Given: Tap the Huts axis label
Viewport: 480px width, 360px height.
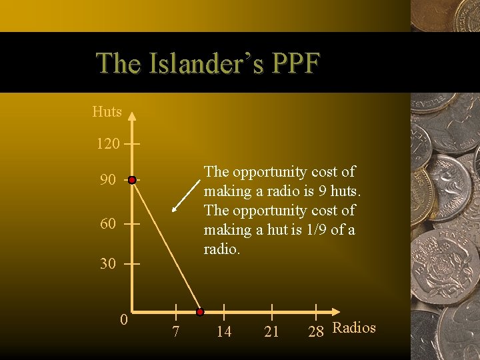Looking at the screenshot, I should coord(107,112).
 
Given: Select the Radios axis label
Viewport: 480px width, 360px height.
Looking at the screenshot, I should coord(354,327).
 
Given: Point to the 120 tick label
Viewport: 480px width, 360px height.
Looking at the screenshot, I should coord(108,143).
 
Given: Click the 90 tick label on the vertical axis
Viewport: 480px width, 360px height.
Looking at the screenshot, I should coord(108,181).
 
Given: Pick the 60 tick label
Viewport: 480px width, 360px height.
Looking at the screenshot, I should coord(108,224).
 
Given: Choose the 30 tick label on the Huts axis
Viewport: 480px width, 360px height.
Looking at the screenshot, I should coord(108,264).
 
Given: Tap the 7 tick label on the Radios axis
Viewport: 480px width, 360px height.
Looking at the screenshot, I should coord(175,331).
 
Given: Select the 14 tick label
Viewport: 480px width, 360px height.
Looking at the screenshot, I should coord(224,331).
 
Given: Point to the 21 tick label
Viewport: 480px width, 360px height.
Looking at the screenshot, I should coord(271,331).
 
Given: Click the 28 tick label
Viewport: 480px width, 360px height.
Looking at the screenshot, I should coord(316,331).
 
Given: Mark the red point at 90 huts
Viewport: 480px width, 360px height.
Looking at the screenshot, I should coord(132,180).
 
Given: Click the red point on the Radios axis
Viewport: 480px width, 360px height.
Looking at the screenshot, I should coord(199,311).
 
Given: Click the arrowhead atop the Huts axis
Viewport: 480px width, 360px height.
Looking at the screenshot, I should coord(132,115).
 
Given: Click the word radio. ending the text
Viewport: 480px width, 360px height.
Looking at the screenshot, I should coord(223,249).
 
